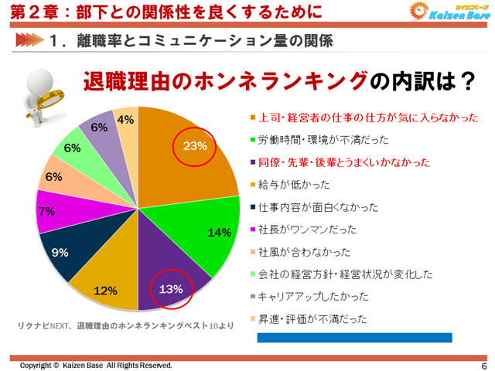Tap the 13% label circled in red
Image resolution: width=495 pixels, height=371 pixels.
pyautogui.click(x=171, y=290)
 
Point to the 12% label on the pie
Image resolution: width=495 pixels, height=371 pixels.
pyautogui.click(x=105, y=291)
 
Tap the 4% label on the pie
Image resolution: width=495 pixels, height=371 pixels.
pyautogui.click(x=126, y=120)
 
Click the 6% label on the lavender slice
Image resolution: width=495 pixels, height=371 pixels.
pyautogui.click(x=99, y=128)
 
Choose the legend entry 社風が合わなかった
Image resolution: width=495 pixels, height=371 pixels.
pyautogui.click(x=303, y=251)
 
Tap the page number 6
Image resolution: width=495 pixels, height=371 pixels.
pyautogui.click(x=483, y=366)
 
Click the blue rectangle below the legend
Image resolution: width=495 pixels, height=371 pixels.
pyautogui.click(x=354, y=338)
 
